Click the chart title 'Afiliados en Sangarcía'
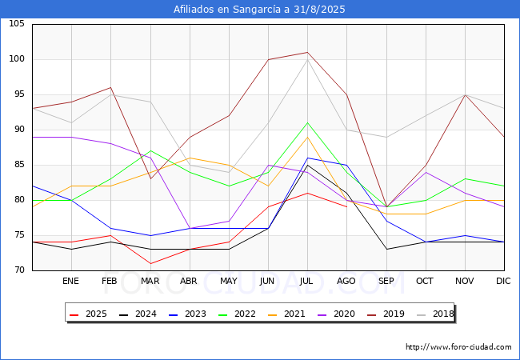(x=259, y=10)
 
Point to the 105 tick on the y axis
(x=17, y=24)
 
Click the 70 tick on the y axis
(x=19, y=270)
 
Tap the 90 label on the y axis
(x=19, y=130)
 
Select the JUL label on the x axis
(x=307, y=282)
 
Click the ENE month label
(x=71, y=282)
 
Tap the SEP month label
(x=386, y=282)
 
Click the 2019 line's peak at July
(x=307, y=52)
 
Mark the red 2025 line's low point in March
(x=150, y=263)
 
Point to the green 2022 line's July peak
(x=307, y=122)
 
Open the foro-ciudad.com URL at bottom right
(x=458, y=347)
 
